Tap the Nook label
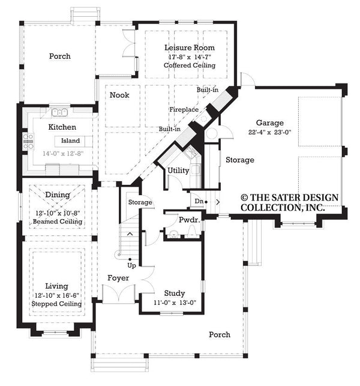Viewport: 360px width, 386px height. point(119,95)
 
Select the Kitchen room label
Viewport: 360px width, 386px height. point(62,127)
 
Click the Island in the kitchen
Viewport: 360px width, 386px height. point(71,141)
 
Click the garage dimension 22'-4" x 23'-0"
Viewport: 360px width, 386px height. point(269,132)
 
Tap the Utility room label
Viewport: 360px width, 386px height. point(178,170)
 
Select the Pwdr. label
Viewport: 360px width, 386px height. point(188,221)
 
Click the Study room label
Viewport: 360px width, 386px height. point(174,294)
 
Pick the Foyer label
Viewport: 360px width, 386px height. point(118,278)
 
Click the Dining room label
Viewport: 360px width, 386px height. point(58,195)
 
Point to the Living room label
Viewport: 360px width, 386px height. point(57,286)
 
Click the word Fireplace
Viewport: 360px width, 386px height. point(183,110)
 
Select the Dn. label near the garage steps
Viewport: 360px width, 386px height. point(199,201)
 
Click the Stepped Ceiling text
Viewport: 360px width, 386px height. point(57,304)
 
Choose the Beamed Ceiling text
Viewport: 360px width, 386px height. point(58,222)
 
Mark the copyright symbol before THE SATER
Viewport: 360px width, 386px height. point(245,197)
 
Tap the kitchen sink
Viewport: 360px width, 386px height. point(59,112)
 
